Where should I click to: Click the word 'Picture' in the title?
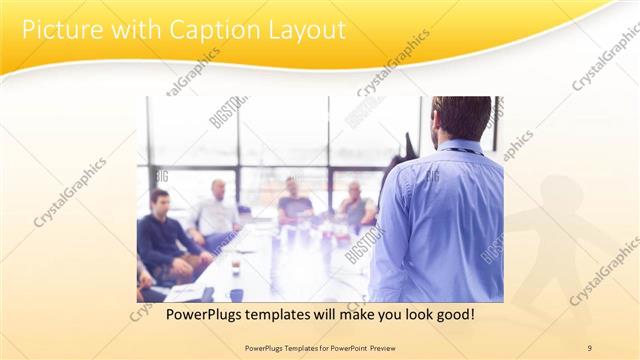pos(59,30)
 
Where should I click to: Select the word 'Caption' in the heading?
pos(200,30)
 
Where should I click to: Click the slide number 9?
pos(589,347)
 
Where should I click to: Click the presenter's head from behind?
pos(463,118)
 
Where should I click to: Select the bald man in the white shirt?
pos(216,212)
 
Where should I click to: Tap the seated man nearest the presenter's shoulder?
pos(355,208)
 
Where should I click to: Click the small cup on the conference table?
pos(236,267)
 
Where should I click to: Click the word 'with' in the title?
pos(125,30)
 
